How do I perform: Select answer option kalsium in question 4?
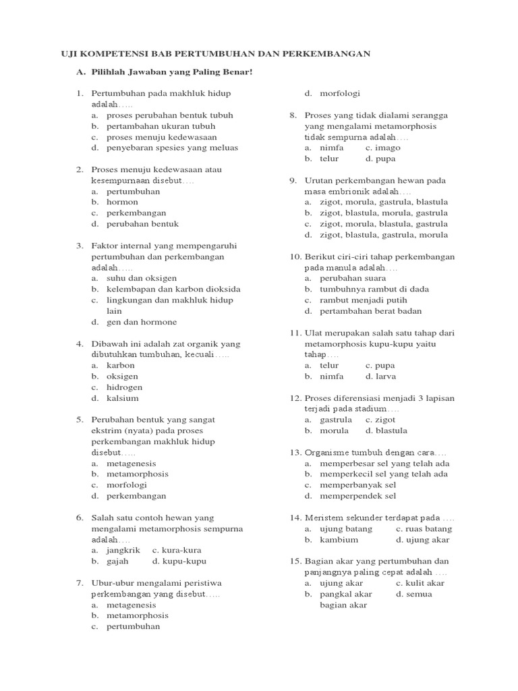click(x=123, y=398)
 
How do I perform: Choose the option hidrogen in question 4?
click(x=125, y=387)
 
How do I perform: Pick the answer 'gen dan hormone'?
click(x=142, y=322)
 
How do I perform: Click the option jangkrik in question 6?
click(x=123, y=550)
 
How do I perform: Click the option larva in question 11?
click(x=386, y=376)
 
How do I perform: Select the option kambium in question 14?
click(x=339, y=539)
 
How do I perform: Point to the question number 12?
click(x=293, y=397)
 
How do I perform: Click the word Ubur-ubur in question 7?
click(x=112, y=582)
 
